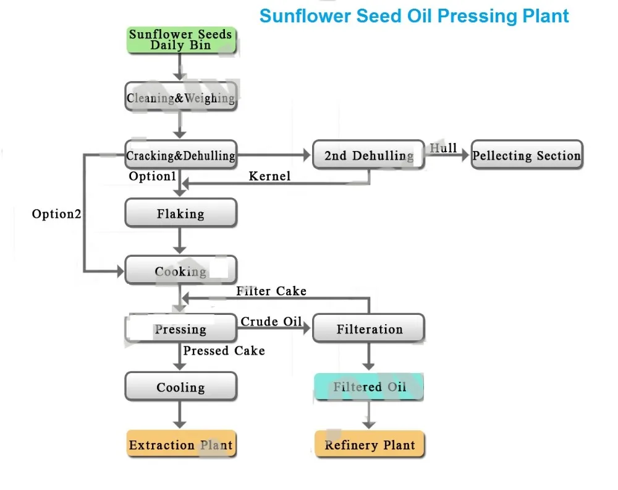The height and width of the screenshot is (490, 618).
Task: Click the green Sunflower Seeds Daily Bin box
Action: tap(181, 40)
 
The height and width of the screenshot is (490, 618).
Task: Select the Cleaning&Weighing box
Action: tap(181, 97)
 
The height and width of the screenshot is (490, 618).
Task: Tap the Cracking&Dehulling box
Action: tap(181, 155)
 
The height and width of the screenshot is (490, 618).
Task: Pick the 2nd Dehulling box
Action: tap(368, 155)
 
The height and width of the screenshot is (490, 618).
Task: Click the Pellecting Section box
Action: tap(527, 155)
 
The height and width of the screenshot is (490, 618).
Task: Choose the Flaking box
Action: tap(181, 213)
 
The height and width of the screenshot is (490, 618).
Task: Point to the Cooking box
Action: tap(181, 270)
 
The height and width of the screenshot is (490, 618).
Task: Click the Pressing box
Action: tap(181, 329)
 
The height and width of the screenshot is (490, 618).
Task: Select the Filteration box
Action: tap(368, 329)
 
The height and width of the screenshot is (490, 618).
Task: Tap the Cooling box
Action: tap(181, 387)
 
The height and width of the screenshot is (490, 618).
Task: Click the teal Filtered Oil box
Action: tap(368, 387)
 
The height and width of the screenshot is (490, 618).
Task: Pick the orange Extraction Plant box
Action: tap(181, 444)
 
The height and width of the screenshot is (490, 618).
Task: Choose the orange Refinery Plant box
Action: tap(370, 444)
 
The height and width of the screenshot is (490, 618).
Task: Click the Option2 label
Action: tap(56, 214)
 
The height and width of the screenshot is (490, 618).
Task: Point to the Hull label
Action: tap(443, 148)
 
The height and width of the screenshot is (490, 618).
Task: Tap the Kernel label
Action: tap(269, 176)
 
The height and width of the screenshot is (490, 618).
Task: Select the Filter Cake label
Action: tap(271, 291)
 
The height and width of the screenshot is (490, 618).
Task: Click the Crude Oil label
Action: tap(271, 322)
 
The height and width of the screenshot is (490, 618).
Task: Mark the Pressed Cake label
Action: tap(224, 350)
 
